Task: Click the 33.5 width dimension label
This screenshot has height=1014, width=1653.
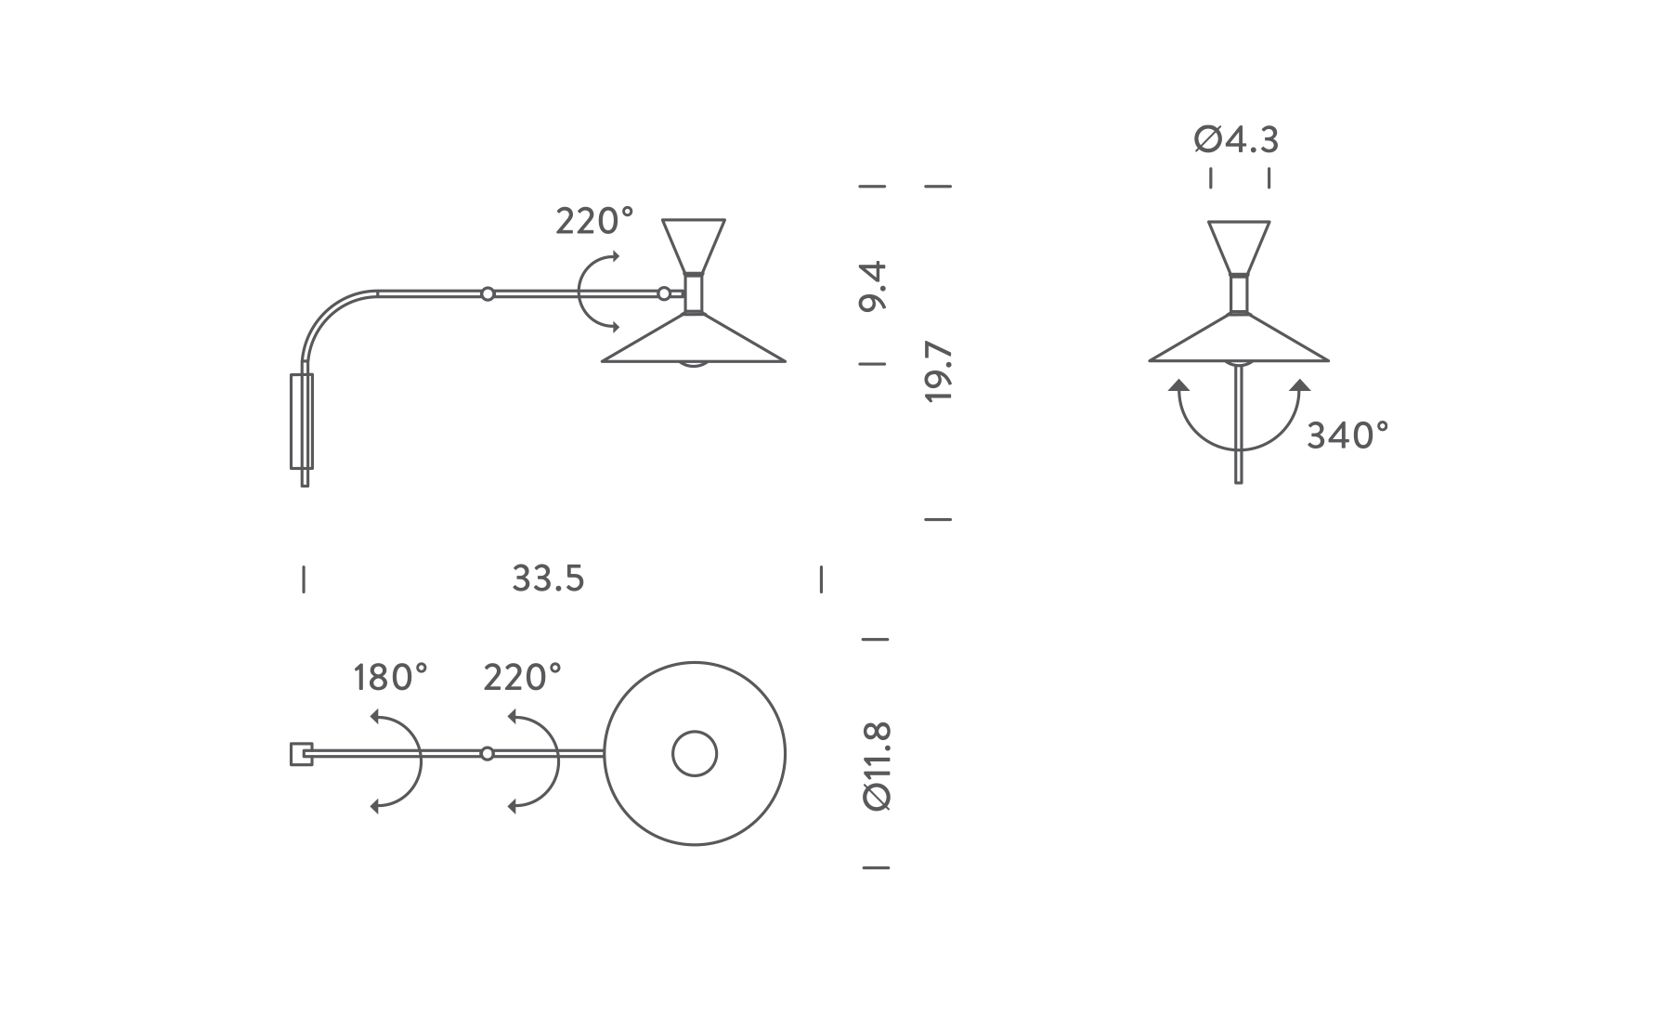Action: (x=548, y=578)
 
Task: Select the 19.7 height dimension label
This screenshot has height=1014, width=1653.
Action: (x=940, y=371)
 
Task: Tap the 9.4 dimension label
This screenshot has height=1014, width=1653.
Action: (x=874, y=287)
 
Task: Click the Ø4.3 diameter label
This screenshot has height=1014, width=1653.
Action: (x=1236, y=139)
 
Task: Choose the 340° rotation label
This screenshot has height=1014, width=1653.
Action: (x=1347, y=435)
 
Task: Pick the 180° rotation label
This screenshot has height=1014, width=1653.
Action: (x=391, y=678)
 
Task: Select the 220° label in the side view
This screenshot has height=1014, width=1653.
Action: (x=594, y=221)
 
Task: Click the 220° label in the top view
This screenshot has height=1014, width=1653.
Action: (x=523, y=678)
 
